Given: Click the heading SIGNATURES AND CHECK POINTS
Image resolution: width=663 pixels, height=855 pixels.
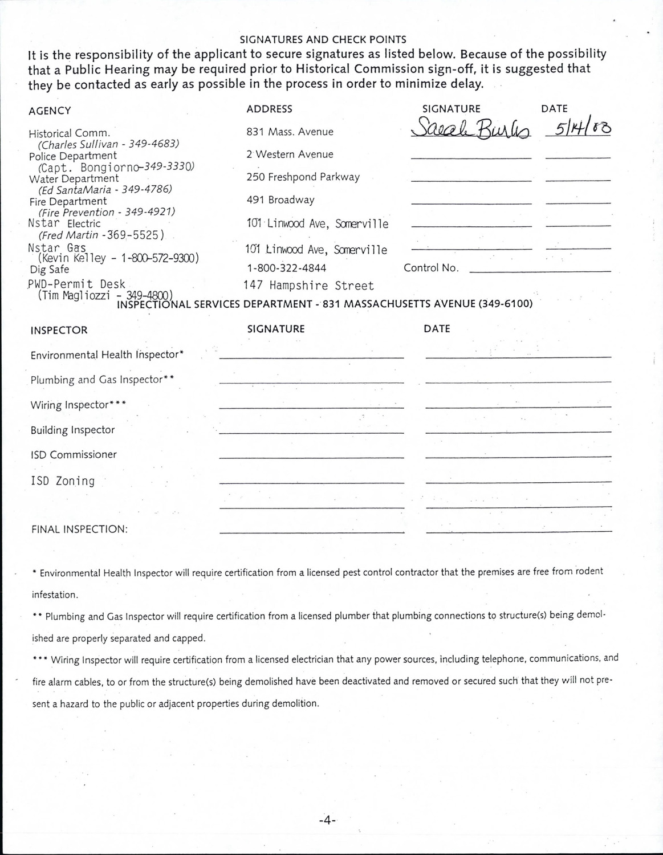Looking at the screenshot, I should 323,39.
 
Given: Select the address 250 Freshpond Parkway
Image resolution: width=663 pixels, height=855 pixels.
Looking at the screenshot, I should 303,177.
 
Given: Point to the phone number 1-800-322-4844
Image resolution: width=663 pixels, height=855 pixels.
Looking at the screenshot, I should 286,268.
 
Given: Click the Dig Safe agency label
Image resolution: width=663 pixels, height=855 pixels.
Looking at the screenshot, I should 49,269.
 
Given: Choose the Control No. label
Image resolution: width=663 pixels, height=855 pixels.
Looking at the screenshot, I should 431,268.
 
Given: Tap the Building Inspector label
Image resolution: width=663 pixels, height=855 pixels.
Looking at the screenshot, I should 72,430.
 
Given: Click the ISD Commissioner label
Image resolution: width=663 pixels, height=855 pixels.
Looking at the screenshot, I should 74,454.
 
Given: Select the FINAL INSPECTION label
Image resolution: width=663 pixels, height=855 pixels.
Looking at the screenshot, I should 79,529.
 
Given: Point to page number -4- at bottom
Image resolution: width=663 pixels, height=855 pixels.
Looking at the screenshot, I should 328,820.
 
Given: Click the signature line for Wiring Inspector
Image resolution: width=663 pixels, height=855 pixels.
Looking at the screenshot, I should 311,407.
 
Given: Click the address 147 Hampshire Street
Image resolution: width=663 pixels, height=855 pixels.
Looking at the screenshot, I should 308,286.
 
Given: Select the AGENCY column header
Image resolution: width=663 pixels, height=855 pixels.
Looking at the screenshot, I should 50,111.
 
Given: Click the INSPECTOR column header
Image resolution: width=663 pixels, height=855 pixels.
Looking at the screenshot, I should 59,330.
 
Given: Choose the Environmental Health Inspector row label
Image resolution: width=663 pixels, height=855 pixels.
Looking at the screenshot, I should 107,355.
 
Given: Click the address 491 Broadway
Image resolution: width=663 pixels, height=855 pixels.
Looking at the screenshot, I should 280,199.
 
